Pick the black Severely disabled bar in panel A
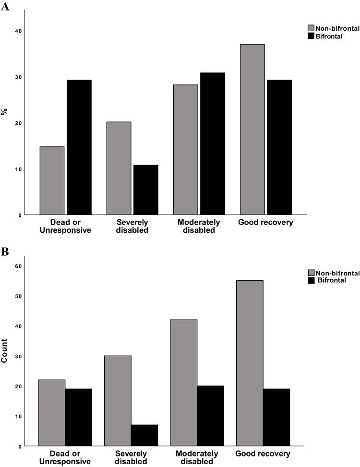pyautogui.click(x=145, y=190)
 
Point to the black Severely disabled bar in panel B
pyautogui.click(x=144, y=435)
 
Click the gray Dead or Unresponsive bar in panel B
pyautogui.click(x=52, y=413)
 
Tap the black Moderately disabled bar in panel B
pyautogui.click(x=210, y=416)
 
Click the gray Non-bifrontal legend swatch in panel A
pyautogui.click(x=311, y=28)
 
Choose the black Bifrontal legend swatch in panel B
pyautogui.click(x=311, y=280)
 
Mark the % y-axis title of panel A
pyautogui.click(x=4, y=112)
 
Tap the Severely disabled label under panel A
pyautogui.click(x=132, y=226)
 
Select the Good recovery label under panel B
pyautogui.click(x=263, y=454)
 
